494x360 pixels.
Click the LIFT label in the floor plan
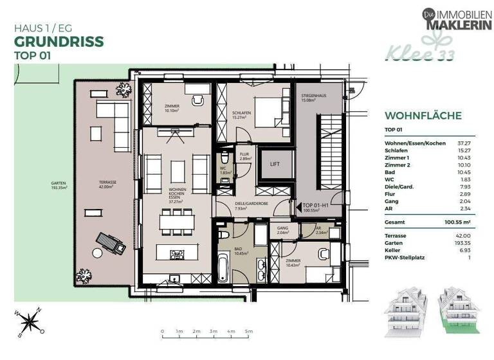pyautogui.click(x=275, y=165)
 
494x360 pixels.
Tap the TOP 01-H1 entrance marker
pyautogui.click(x=317, y=207)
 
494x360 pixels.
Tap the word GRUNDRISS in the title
pyautogui.click(x=59, y=41)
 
